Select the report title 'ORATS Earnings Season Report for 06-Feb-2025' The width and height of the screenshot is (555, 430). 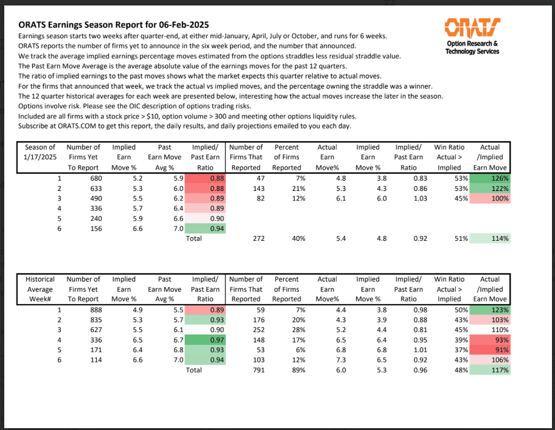114,25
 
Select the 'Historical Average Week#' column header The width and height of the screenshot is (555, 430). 40,289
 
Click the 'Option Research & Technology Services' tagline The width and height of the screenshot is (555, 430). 472,47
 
